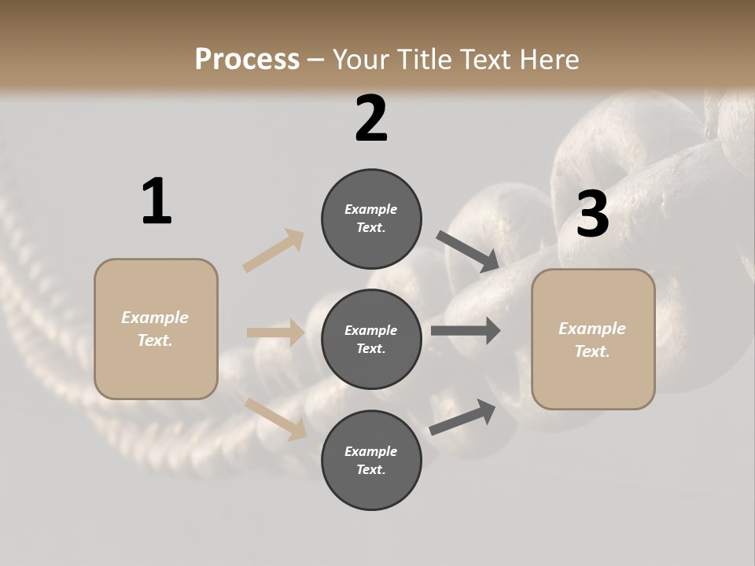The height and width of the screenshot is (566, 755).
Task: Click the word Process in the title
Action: pyautogui.click(x=247, y=59)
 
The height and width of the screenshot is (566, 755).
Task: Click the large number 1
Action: pyautogui.click(x=157, y=201)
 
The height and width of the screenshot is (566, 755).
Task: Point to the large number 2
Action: pyautogui.click(x=371, y=118)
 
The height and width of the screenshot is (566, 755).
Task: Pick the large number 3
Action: pyautogui.click(x=592, y=214)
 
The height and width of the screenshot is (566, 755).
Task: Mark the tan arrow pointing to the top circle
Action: pyautogui.click(x=274, y=250)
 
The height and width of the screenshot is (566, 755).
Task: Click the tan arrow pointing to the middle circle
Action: pyautogui.click(x=275, y=333)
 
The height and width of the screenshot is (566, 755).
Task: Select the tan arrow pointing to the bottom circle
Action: pyautogui.click(x=275, y=418)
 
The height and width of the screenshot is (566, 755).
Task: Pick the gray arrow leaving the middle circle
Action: pyautogui.click(x=466, y=331)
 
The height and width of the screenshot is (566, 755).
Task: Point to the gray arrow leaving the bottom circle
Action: pyautogui.click(x=463, y=417)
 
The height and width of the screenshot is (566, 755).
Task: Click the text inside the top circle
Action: pyautogui.click(x=371, y=219)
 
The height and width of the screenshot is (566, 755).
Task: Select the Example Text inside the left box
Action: pyautogui.click(x=155, y=329)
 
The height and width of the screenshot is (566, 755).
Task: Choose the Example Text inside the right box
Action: pyautogui.click(x=592, y=340)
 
